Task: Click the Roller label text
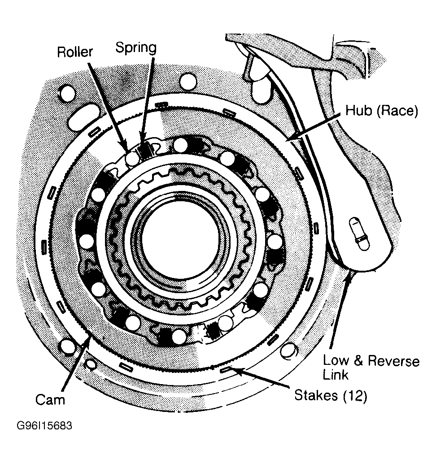click(x=75, y=52)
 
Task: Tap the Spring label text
click(x=135, y=48)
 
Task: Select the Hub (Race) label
click(x=382, y=111)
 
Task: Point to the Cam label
click(x=50, y=400)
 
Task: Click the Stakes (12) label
click(x=331, y=395)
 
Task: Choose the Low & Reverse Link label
click(x=371, y=368)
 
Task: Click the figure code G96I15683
click(x=44, y=425)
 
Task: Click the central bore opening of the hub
click(x=181, y=239)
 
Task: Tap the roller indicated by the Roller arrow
click(x=132, y=159)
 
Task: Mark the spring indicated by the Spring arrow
click(x=145, y=150)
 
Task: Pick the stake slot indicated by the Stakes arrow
click(x=227, y=369)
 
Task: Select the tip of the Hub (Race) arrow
click(x=288, y=140)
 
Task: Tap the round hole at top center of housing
click(x=188, y=81)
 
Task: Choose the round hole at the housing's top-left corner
click(x=67, y=93)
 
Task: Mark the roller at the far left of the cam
click(x=87, y=241)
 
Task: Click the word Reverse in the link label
click(x=394, y=361)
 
